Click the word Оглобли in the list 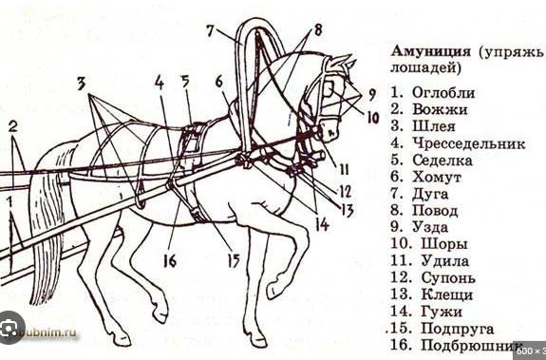tap(443, 93)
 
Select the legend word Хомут tap(437, 177)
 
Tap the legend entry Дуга tap(430, 195)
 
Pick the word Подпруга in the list tap(458, 329)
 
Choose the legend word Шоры tap(444, 244)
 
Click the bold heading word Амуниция tap(430, 51)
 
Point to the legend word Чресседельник tap(469, 143)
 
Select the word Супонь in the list tap(448, 277)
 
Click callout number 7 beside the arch tap(210, 30)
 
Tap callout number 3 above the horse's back tap(81, 84)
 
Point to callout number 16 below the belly tap(170, 260)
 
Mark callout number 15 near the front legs tap(234, 260)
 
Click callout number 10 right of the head tap(372, 119)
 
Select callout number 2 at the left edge tap(13, 126)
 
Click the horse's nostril tap(331, 133)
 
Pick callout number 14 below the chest tap(322, 225)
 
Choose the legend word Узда tap(430, 227)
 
